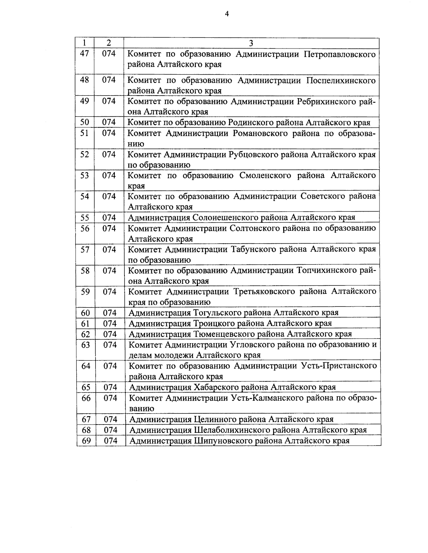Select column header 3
(251, 43)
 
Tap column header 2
(109, 43)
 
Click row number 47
(85, 54)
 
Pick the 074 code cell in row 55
(109, 218)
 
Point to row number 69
(86, 441)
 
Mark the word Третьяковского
(270, 292)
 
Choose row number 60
(86, 313)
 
